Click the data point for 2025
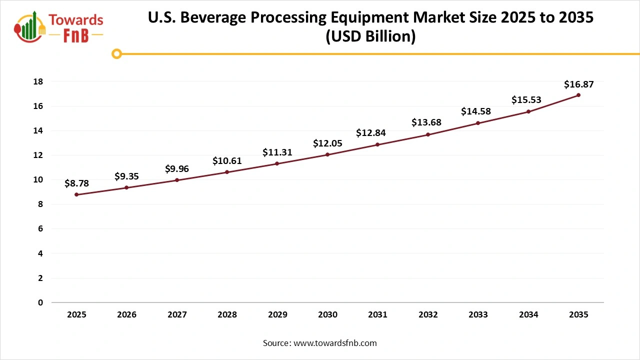(76, 194)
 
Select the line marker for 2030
(327, 154)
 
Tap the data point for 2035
(578, 95)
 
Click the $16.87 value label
(578, 84)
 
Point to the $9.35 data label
(126, 176)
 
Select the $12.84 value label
(370, 132)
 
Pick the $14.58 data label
(475, 111)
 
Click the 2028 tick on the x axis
(227, 315)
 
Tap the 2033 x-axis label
(478, 315)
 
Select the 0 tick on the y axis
(40, 302)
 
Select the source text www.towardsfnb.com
(335, 343)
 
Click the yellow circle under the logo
(116, 53)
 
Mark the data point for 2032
(428, 134)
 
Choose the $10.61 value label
(227, 160)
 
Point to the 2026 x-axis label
(126, 315)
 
